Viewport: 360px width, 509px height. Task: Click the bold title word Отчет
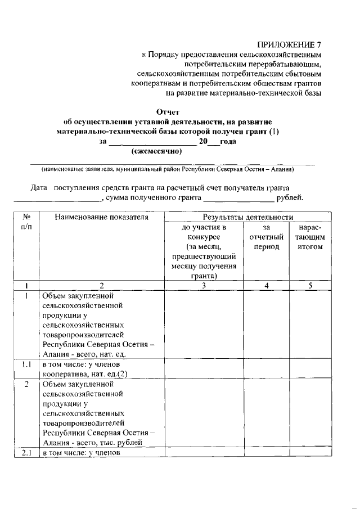tap(167, 111)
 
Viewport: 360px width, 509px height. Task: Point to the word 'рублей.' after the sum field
tap(290, 197)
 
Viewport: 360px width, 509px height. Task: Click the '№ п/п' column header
tap(26, 222)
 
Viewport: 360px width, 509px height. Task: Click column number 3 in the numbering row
tap(204, 285)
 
